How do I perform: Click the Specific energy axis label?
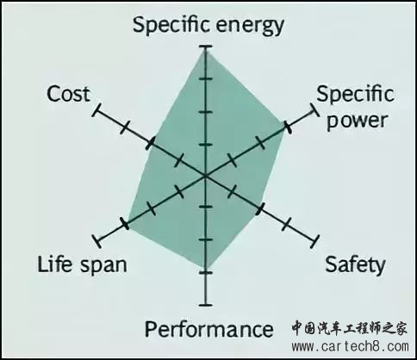pyautogui.click(x=208, y=26)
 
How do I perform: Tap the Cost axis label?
pyautogui.click(x=68, y=94)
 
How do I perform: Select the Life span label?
pyautogui.click(x=82, y=264)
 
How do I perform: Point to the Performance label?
pyautogui.click(x=208, y=329)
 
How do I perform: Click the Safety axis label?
pyautogui.click(x=355, y=264)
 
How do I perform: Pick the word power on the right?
pyautogui.click(x=358, y=121)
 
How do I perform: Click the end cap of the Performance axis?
pyautogui.click(x=206, y=305)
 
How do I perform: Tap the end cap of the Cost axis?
pyautogui.click(x=96, y=110)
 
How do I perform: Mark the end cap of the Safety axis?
pyautogui.click(x=315, y=241)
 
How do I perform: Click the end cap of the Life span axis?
pyautogui.click(x=96, y=241)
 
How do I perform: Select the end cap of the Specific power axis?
pyautogui.click(x=314, y=110)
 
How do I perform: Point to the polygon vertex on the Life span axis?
pyautogui.click(x=125, y=224)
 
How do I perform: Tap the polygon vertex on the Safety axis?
pyautogui.click(x=259, y=208)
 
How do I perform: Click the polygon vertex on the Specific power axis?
pyautogui.click(x=287, y=127)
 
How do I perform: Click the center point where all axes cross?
pyautogui.click(x=205, y=176)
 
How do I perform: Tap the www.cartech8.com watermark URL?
pyautogui.click(x=350, y=346)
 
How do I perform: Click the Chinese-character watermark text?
pyautogui.click(x=350, y=328)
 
